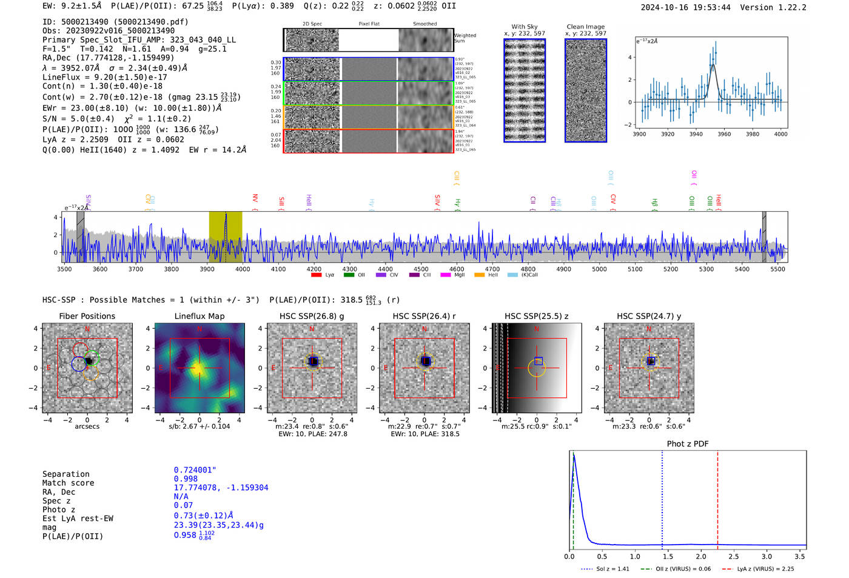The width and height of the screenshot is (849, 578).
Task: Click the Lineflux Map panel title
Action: (199, 316)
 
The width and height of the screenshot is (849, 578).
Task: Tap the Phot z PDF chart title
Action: (688, 444)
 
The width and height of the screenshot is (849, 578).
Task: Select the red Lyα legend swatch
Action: (316, 275)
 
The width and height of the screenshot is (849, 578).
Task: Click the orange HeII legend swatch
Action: (479, 275)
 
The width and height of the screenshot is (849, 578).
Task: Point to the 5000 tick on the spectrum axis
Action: (599, 269)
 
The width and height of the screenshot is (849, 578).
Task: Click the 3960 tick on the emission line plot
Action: (724, 134)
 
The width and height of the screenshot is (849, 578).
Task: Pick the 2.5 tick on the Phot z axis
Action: (734, 556)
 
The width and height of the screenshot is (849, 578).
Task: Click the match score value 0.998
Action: (186, 479)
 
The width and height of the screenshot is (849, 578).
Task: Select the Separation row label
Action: (65, 474)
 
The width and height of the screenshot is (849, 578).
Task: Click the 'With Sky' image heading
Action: (524, 27)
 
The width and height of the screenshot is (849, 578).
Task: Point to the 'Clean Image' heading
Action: (585, 27)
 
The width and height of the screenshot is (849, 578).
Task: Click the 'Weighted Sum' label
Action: (465, 38)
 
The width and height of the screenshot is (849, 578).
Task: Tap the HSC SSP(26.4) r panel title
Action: (424, 316)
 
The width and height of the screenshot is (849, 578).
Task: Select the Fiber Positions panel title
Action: (87, 316)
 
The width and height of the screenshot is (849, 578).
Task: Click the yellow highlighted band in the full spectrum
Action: (226, 237)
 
